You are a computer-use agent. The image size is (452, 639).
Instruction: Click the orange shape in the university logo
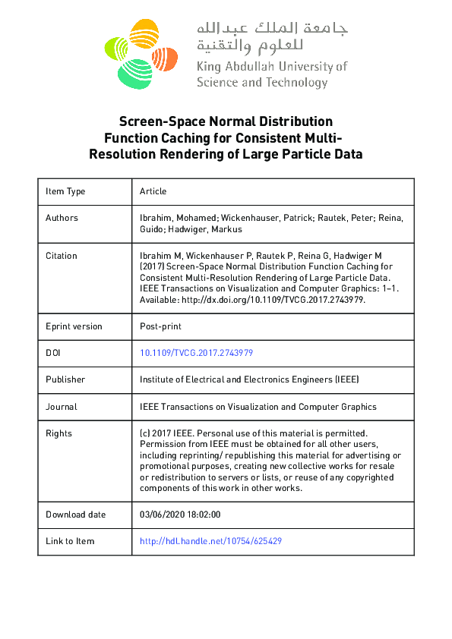pyautogui.click(x=164, y=58)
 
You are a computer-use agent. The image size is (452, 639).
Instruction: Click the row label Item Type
pyautogui.click(x=65, y=191)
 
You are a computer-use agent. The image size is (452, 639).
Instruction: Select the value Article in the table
pyautogui.click(x=153, y=191)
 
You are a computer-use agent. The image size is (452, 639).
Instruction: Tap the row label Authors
pyautogui.click(x=62, y=218)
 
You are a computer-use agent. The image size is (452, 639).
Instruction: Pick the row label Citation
pyautogui.click(x=62, y=256)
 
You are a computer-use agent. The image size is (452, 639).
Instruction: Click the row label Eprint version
pyautogui.click(x=74, y=326)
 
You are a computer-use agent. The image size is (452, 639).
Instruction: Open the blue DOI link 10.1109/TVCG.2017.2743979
pyautogui.click(x=196, y=353)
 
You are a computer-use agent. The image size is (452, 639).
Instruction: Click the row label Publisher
pyautogui.click(x=65, y=379)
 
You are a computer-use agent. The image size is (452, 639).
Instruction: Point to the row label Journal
pyautogui.click(x=62, y=407)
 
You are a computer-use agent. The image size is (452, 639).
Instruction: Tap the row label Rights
pyautogui.click(x=58, y=433)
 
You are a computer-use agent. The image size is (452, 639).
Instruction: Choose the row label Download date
pyautogui.click(x=75, y=515)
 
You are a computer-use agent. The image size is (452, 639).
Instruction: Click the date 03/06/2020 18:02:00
pyautogui.click(x=180, y=515)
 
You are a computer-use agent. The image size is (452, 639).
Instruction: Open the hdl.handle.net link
pyautogui.click(x=211, y=541)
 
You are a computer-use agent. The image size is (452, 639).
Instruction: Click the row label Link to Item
pyautogui.click(x=70, y=541)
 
